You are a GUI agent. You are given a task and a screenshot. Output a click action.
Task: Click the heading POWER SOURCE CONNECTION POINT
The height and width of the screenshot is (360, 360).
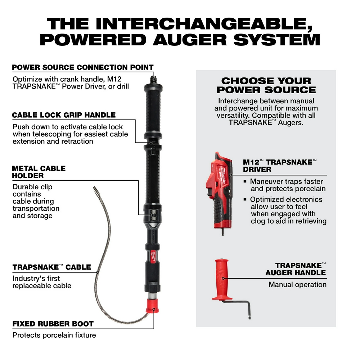pos(83,67)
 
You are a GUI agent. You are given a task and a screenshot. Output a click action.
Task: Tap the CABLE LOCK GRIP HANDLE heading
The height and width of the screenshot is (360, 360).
pos(64,115)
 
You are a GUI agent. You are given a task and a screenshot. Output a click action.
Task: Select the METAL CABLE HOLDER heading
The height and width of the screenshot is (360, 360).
pos(39,172)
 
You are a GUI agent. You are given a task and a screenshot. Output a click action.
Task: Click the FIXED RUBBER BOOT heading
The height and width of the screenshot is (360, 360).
pos(53,324)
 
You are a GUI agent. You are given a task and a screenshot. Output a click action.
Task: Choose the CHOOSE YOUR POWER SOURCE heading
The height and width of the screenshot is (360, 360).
pos(266,85)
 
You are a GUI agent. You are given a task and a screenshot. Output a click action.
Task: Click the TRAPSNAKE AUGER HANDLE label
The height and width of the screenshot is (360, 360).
pos(296,269)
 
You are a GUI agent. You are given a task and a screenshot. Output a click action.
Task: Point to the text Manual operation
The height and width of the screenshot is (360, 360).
pos(297,284)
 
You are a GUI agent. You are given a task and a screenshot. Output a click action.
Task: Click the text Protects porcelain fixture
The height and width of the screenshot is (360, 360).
pos(54,335)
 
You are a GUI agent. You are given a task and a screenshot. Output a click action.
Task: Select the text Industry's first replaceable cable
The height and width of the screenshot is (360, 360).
pos(42,282)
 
